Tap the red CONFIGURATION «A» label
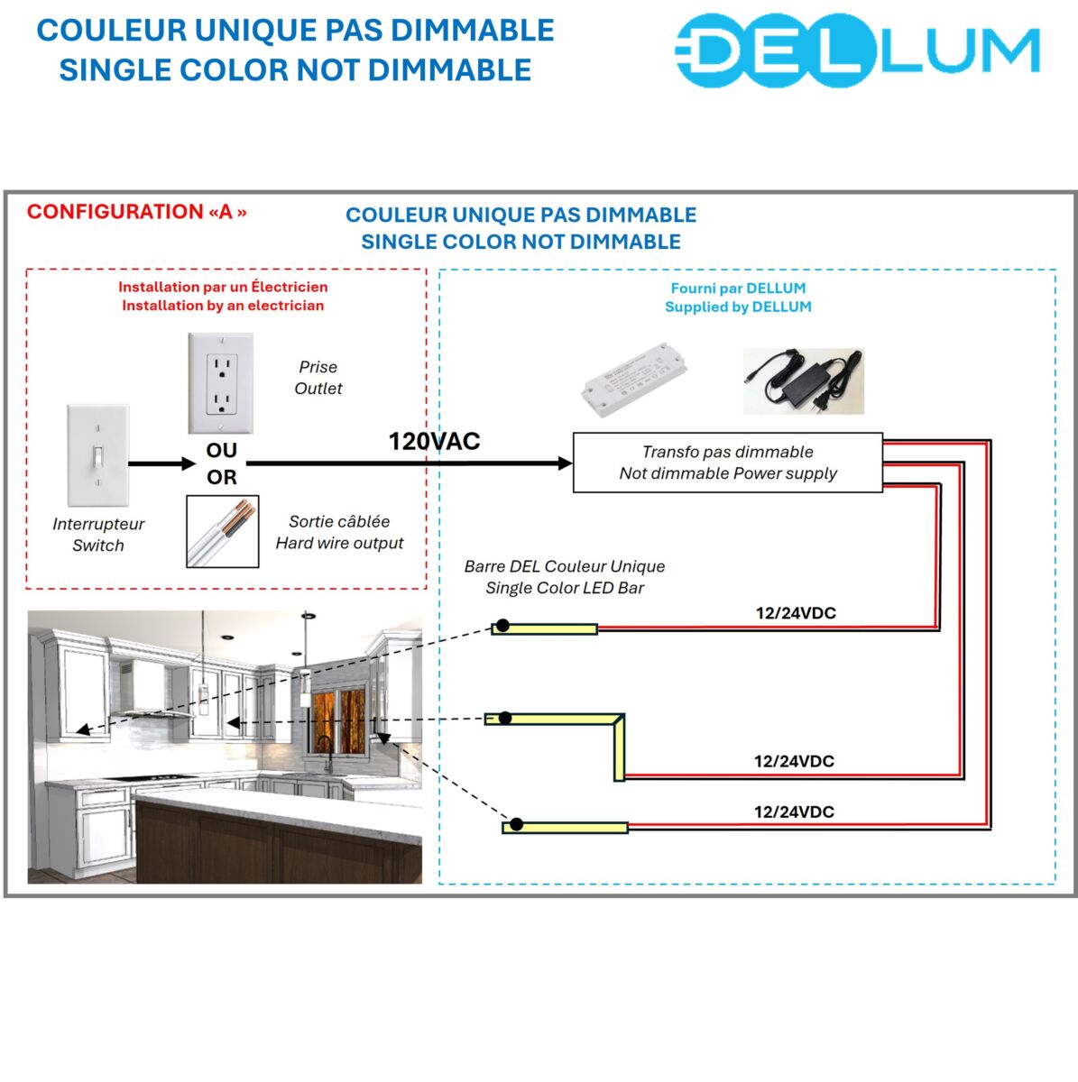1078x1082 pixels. coord(136,212)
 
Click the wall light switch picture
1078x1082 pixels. coord(97,455)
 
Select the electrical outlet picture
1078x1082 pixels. coord(220,383)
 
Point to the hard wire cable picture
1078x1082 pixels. coord(222,531)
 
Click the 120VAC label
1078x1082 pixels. coord(434,441)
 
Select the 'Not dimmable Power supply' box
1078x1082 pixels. coord(727,463)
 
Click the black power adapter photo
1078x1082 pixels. coord(803,381)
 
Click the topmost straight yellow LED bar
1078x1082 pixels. coord(546,628)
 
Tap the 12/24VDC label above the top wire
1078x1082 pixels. coord(796,613)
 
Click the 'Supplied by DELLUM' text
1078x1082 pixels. coord(738,307)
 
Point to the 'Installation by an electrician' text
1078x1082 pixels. coord(223,306)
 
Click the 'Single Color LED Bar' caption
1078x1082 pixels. coord(565,588)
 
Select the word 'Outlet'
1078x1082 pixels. coord(318,389)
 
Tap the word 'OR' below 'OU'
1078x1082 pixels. coord(221,477)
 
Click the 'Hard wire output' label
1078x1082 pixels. coord(339,543)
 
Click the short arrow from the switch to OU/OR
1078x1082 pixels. coord(161,463)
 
